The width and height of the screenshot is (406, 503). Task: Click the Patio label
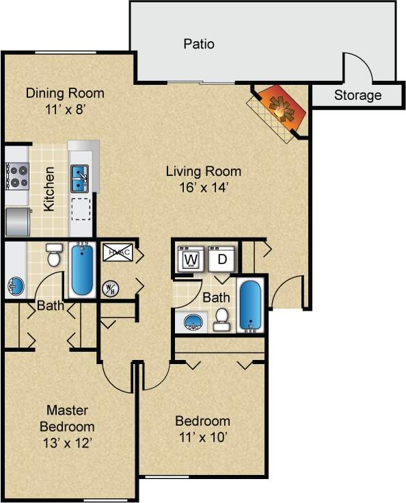[199, 44]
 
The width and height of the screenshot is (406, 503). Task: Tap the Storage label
[357, 95]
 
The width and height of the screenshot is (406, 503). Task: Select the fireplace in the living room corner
[280, 110]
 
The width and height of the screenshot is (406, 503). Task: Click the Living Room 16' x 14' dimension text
[204, 186]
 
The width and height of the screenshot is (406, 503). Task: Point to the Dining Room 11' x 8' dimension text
[65, 108]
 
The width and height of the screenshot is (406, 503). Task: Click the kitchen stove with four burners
[16, 176]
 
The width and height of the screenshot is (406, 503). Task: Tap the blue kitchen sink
[81, 178]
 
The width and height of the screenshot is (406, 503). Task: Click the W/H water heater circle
[109, 289]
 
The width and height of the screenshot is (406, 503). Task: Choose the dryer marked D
[221, 259]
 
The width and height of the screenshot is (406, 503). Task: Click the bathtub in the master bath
[81, 269]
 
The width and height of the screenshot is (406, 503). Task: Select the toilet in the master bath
[53, 255]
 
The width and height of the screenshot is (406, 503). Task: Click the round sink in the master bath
[14, 286]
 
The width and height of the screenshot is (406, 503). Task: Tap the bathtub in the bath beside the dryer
[250, 305]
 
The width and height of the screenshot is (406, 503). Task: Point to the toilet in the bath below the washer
[221, 319]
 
